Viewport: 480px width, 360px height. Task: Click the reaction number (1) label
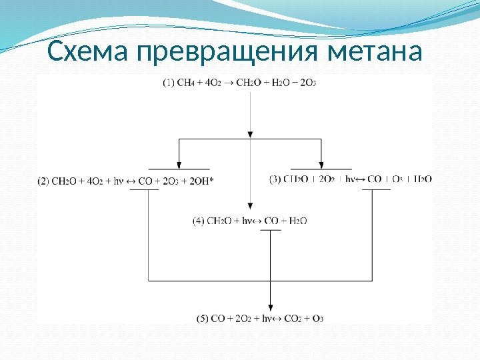(171, 83)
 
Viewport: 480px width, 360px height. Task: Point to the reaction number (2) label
(44, 180)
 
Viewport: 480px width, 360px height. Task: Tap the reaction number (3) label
(275, 179)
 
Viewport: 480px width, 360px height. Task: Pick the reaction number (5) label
(203, 319)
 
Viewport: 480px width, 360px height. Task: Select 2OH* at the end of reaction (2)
(203, 180)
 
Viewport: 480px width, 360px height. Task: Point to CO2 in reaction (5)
(291, 319)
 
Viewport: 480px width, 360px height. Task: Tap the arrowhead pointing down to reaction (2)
(179, 164)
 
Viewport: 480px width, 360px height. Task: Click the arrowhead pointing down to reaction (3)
(321, 164)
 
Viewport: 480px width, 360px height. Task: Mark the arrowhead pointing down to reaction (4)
(250, 208)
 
